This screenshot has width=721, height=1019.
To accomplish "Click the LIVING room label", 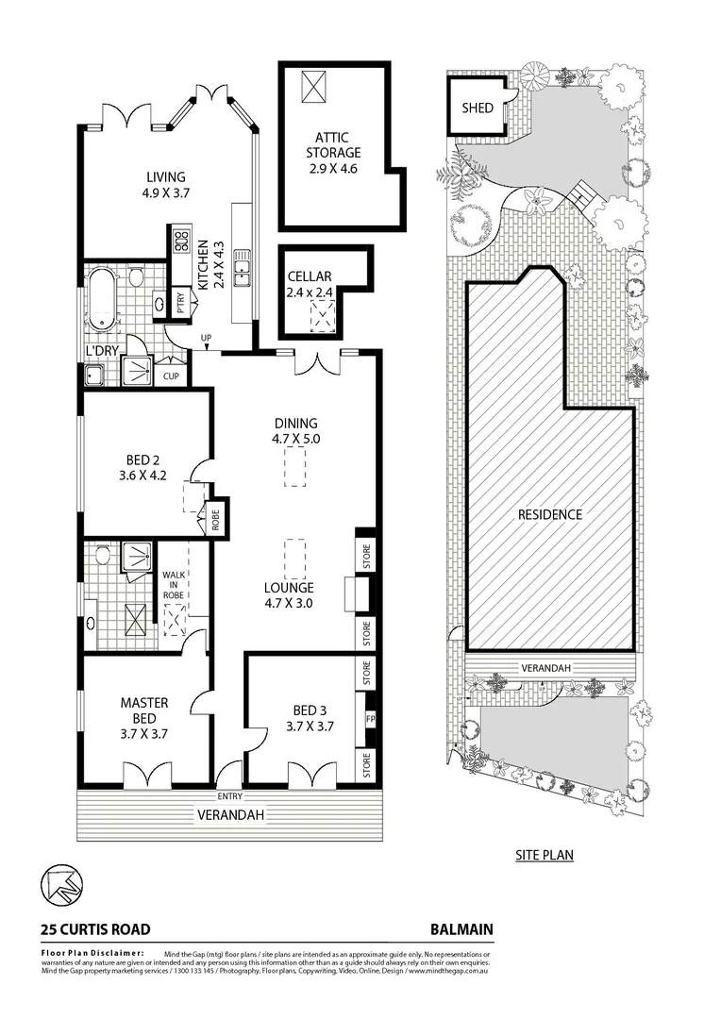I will [165, 176].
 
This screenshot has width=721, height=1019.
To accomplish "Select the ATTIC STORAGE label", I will [334, 152].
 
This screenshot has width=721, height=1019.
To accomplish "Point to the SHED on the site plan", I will [477, 108].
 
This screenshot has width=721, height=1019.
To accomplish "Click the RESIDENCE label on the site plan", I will [549, 515].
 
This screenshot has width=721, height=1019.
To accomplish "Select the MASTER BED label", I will [143, 703].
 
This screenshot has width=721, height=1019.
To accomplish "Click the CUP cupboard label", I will [171, 376].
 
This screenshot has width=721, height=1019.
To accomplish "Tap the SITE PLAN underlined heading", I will [544, 856].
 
